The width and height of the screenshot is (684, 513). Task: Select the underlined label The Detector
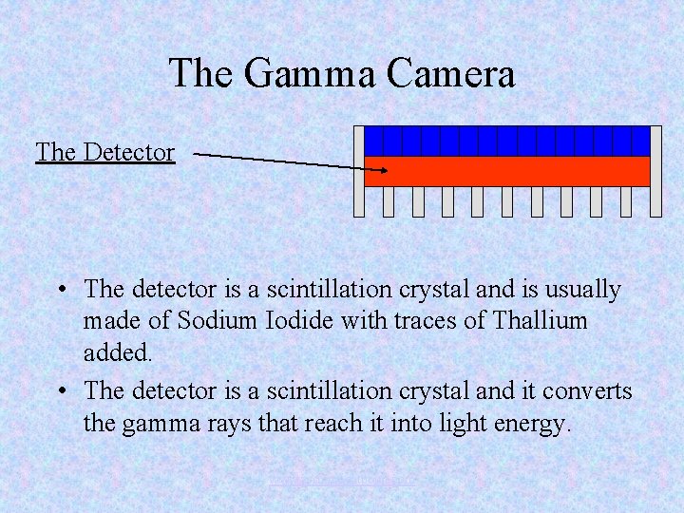point(104,152)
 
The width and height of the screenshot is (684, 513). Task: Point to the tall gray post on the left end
point(359,171)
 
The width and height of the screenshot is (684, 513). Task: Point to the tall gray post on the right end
point(655,171)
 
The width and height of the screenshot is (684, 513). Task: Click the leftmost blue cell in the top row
point(373,141)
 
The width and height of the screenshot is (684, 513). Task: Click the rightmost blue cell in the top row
point(641,141)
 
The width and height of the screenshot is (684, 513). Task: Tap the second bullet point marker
point(60,391)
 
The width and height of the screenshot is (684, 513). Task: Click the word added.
point(117,352)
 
